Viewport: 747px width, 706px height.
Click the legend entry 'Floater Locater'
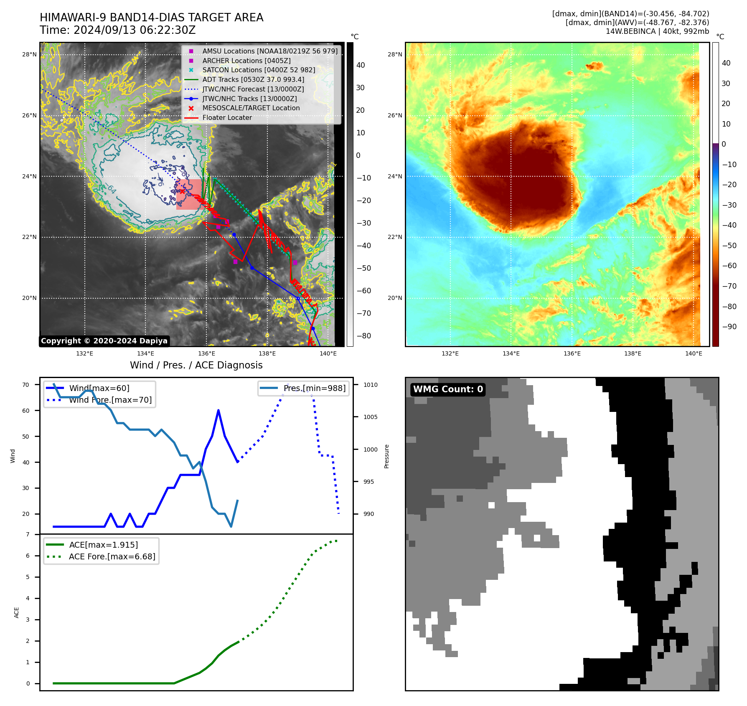coord(227,118)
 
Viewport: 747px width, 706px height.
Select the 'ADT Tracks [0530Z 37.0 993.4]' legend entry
coord(253,79)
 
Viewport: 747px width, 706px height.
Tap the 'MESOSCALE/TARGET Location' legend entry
coord(251,108)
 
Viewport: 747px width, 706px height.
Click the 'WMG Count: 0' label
coord(448,389)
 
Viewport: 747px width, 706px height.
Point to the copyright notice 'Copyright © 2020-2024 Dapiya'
coord(104,341)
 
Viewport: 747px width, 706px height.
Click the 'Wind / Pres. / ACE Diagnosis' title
coord(196,365)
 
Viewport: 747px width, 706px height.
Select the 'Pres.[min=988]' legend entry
coord(314,389)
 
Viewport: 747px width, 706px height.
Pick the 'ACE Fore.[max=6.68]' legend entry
coord(112,556)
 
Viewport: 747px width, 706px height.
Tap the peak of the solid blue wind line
coord(219,411)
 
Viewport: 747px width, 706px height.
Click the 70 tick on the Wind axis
coord(26,385)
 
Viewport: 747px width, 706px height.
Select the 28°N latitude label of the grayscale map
coord(29,54)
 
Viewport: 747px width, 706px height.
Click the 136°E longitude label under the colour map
coord(572,353)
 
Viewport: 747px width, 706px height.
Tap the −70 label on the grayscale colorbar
coord(363,313)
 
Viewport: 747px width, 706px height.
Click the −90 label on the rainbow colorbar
coord(729,327)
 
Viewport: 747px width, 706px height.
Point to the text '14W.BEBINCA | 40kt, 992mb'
coord(657,31)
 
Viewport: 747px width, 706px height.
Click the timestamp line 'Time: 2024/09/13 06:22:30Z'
coord(117,30)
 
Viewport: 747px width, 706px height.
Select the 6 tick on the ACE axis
coord(28,556)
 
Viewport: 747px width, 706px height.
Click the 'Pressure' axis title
coord(386,456)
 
